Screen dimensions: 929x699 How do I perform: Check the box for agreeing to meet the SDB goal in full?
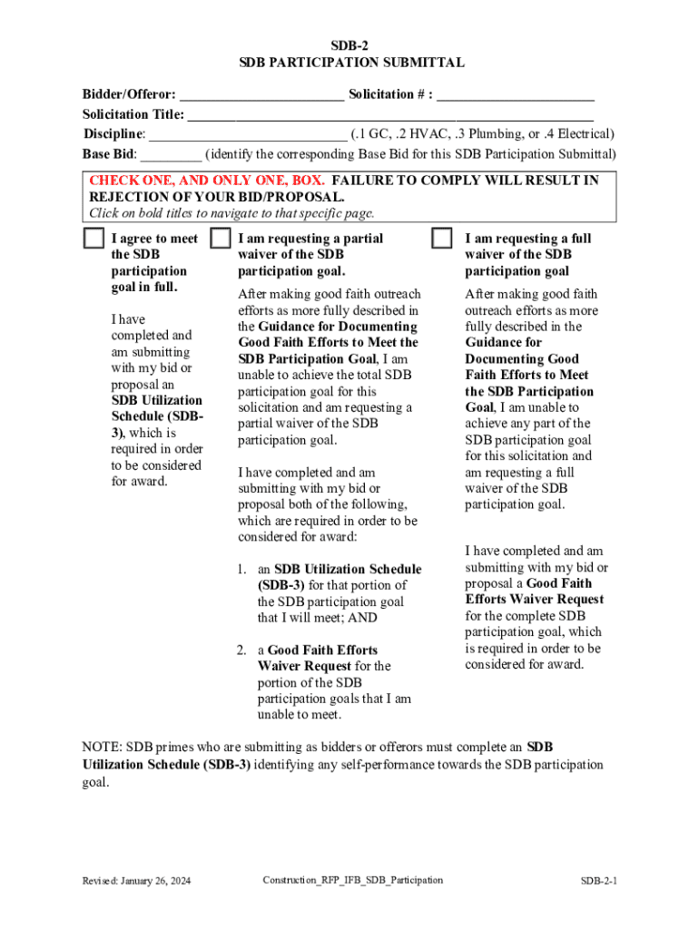tap(93, 239)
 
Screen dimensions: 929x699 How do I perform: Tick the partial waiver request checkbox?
tap(220, 239)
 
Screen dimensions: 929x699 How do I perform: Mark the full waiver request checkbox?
tap(441, 239)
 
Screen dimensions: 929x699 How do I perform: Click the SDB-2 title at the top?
tap(349, 44)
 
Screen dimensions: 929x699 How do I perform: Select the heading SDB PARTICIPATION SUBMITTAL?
tap(349, 63)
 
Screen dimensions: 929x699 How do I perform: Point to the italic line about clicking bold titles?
tap(231, 214)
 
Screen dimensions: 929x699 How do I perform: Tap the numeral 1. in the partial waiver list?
tap(242, 569)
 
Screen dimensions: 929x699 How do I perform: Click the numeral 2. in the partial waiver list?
tap(242, 650)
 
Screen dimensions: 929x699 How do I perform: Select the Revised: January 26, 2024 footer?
tap(136, 881)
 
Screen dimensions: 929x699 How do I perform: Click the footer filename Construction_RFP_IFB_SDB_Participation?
tap(353, 880)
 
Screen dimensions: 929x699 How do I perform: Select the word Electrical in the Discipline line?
tap(582, 134)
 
